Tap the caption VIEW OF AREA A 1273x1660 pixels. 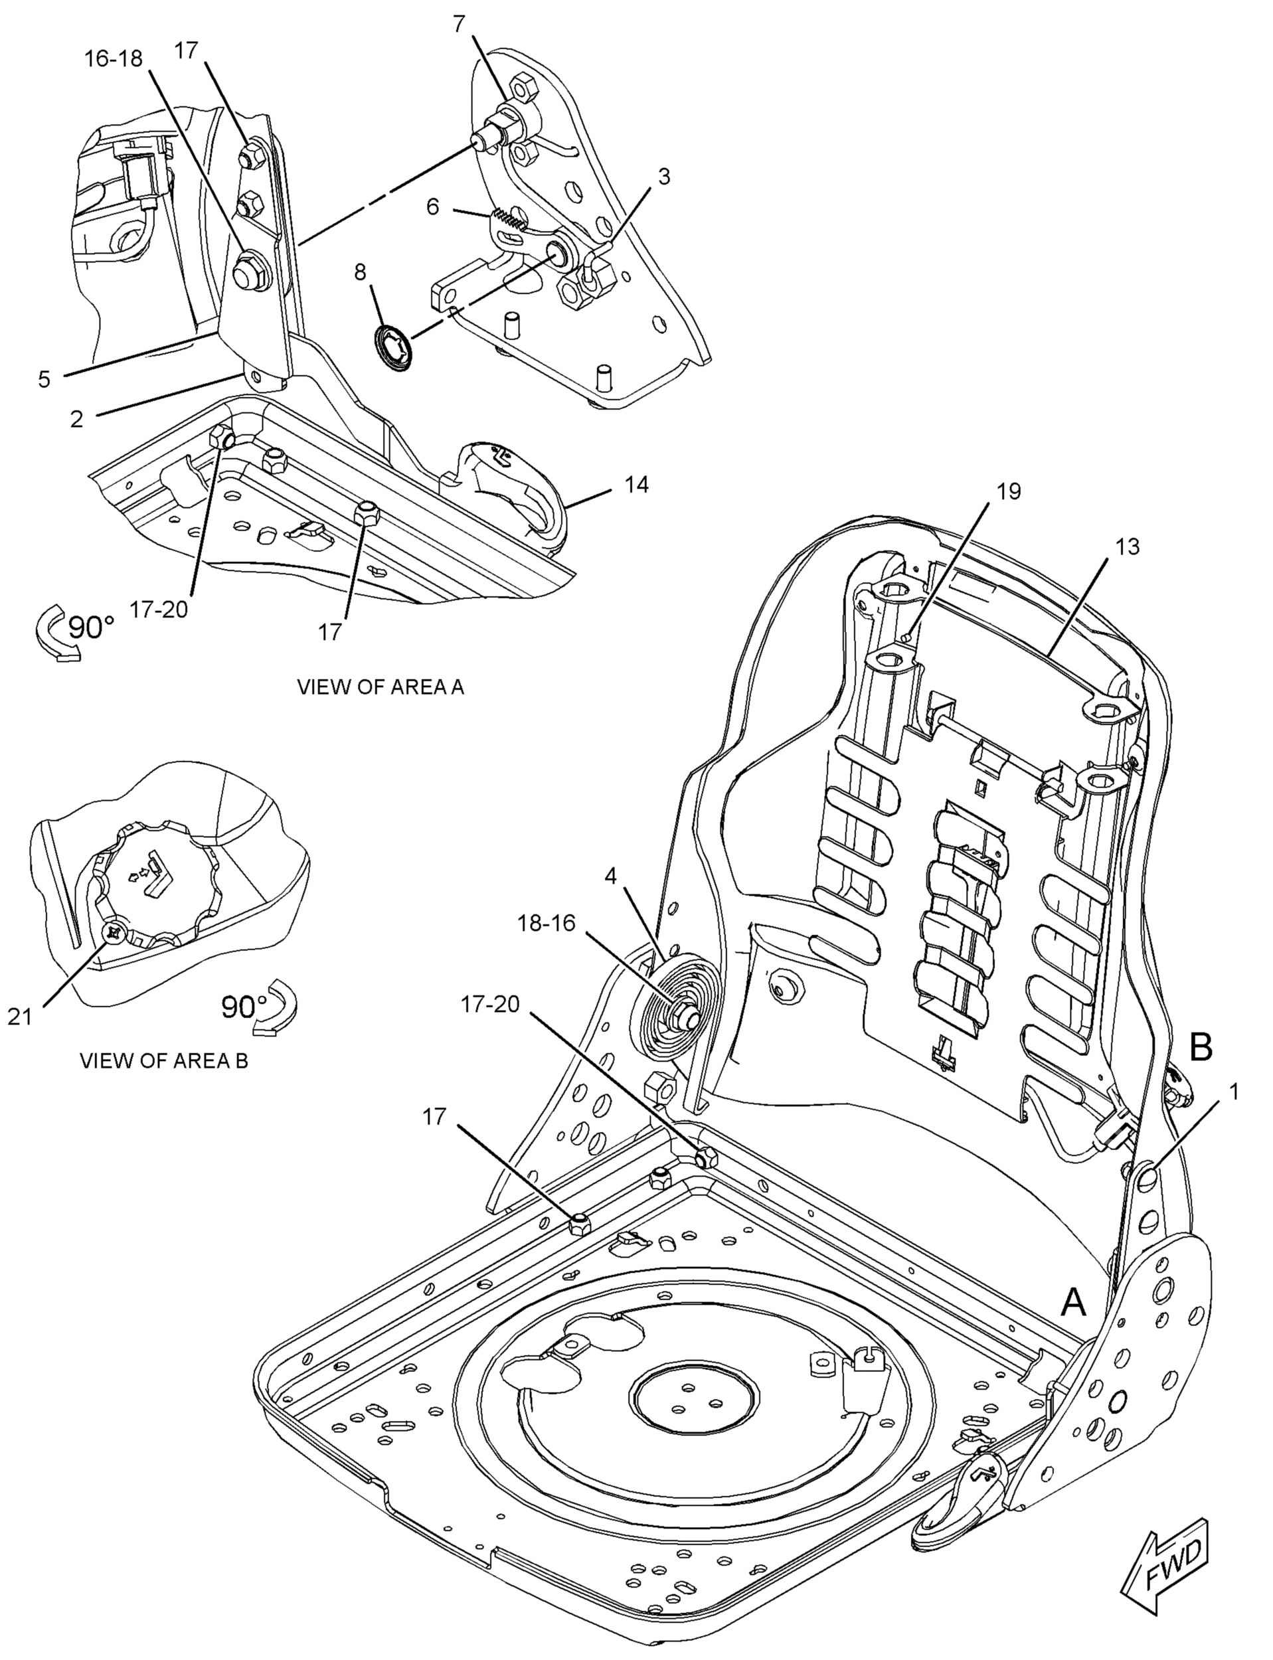point(380,687)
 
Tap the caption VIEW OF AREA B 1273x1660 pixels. point(163,1060)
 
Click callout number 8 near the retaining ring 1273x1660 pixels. point(360,271)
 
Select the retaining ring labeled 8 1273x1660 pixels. point(394,348)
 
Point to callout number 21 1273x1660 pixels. point(20,1017)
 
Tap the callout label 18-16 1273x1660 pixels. point(547,924)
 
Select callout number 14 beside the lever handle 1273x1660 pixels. point(636,485)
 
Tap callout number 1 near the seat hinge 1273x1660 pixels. point(1234,1092)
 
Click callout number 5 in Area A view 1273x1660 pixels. point(44,380)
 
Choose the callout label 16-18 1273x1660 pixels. point(113,58)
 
